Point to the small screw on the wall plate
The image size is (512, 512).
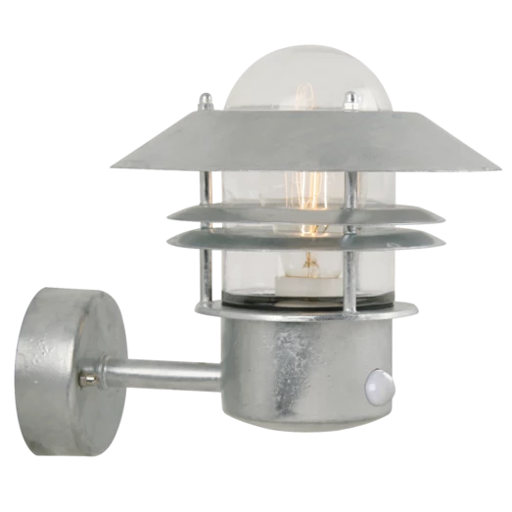coord(90,375)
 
